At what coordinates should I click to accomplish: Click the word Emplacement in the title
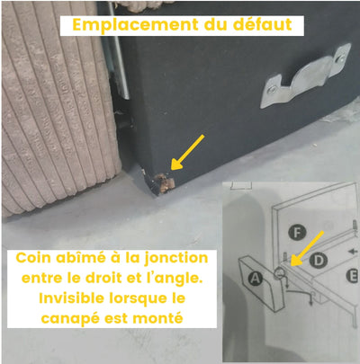(x=135, y=25)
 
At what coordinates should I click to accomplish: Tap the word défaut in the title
(x=263, y=24)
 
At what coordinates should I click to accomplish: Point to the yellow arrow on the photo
(x=187, y=152)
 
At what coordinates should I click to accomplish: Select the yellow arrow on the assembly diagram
(x=307, y=248)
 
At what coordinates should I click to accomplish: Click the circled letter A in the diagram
(x=256, y=279)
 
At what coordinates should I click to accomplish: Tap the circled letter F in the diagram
(x=297, y=233)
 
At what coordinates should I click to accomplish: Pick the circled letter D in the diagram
(x=319, y=261)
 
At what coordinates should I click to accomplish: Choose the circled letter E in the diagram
(x=353, y=276)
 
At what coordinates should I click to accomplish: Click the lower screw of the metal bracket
(x=273, y=89)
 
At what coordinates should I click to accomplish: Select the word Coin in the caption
(x=31, y=258)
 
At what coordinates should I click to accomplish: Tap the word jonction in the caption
(x=176, y=259)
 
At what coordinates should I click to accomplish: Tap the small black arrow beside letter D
(x=355, y=252)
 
